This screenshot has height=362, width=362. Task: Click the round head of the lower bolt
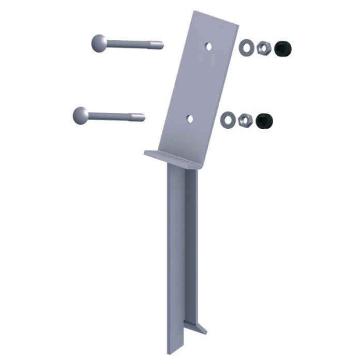tap(81, 115)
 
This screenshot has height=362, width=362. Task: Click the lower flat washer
tap(228, 120)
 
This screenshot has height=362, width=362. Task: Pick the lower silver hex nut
tap(244, 120)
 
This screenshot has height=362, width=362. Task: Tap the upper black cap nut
tap(282, 49)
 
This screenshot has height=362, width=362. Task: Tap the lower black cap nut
tap(264, 121)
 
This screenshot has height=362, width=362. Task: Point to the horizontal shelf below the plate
tap(171, 158)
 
